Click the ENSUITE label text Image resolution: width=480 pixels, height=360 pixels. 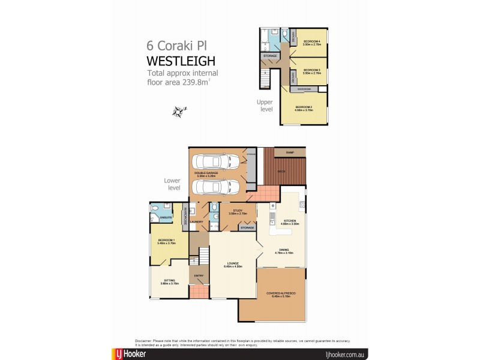coord(166,217)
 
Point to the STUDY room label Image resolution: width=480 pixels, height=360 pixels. coord(232,211)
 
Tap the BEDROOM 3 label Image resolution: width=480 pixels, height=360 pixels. coord(312,70)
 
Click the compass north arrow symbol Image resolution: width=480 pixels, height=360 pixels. coord(178,111)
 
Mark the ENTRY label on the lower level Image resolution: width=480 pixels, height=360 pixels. coord(199,276)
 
